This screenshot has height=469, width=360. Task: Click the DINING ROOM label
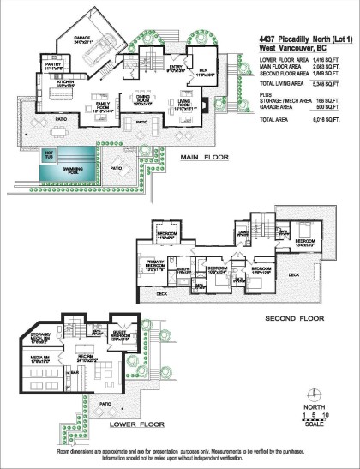pyautogui.click(x=143, y=100)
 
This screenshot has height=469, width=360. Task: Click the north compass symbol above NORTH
pyautogui.click(x=316, y=395)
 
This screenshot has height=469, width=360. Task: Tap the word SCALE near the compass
pyautogui.click(x=316, y=426)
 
